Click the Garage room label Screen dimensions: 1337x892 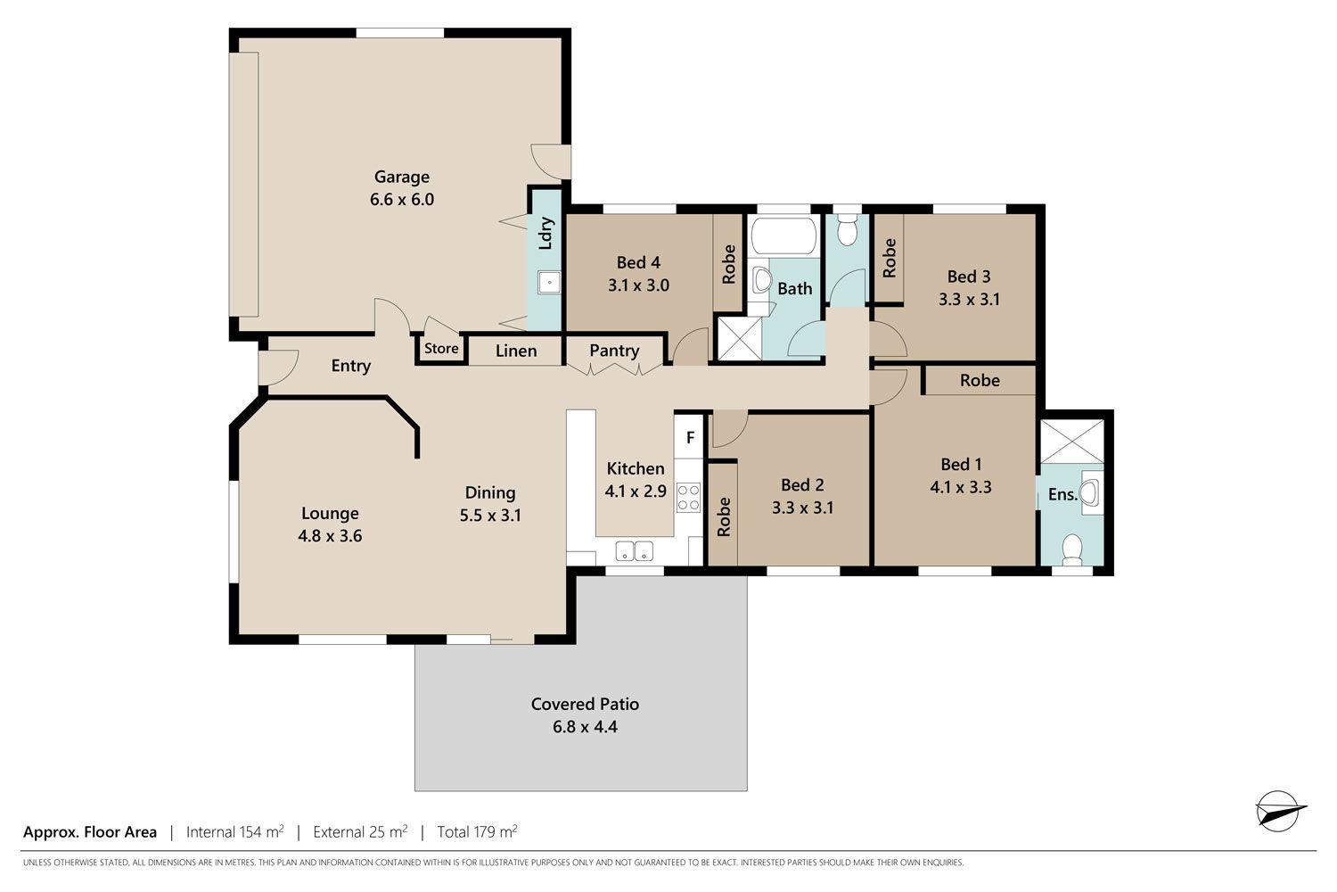401,177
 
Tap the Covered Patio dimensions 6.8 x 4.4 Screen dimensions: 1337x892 585,726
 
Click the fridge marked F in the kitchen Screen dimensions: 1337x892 690,438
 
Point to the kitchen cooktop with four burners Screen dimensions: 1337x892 688,497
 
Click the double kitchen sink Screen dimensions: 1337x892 634,551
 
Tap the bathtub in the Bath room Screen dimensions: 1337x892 783,235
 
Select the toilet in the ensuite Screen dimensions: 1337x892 1072,549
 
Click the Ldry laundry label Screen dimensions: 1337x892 545,233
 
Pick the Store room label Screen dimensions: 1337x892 441,348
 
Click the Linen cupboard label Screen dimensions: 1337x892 516,351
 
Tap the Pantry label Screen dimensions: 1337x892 614,351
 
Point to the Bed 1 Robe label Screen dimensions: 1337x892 980,380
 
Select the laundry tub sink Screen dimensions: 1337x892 549,282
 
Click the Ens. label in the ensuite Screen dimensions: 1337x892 1063,495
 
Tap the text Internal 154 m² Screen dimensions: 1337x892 234,831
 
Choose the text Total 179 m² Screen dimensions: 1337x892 477,831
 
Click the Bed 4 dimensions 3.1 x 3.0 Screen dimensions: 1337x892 638,285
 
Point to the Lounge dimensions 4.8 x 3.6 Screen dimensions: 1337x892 330,536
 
